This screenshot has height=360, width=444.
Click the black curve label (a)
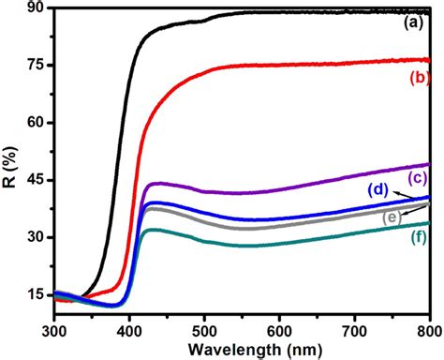(413, 22)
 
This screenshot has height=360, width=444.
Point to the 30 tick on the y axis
(36, 238)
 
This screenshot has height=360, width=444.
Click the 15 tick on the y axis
(36, 294)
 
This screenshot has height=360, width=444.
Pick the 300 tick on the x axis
(55, 329)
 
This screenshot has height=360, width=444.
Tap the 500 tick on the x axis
(205, 329)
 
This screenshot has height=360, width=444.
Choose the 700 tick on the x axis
(354, 329)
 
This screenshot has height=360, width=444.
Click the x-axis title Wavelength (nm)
(242, 349)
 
